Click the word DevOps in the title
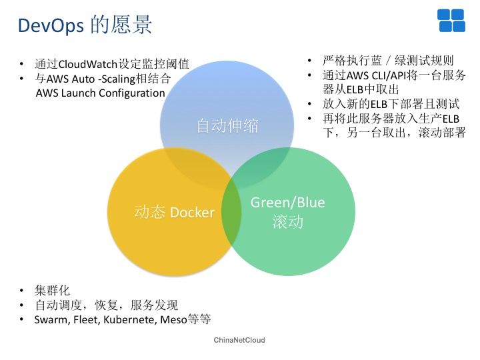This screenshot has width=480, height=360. pyautogui.click(x=51, y=25)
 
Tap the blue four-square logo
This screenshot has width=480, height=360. pyautogui.click(x=451, y=21)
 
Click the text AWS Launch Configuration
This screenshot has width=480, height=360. pyautogui.click(x=101, y=93)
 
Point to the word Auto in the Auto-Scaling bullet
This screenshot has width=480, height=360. pyautogui.click(x=83, y=79)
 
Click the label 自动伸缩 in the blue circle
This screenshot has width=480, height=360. pyautogui.click(x=227, y=125)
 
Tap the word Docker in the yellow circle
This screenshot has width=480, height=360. pyautogui.click(x=192, y=212)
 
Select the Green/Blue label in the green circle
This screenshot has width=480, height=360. pyautogui.click(x=288, y=203)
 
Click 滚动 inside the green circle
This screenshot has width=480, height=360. pyautogui.click(x=288, y=221)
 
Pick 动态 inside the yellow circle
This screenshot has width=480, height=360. pyautogui.click(x=149, y=212)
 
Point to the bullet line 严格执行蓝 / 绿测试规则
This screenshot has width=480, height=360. pyautogui.click(x=388, y=61)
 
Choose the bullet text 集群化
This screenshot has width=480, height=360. pyautogui.click(x=53, y=291)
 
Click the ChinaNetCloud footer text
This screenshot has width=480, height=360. pyautogui.click(x=239, y=340)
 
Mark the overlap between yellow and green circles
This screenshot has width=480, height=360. pyautogui.click(x=232, y=212)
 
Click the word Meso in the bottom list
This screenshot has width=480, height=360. pyautogui.click(x=173, y=319)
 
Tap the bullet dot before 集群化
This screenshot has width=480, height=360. pyautogui.click(x=21, y=291)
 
